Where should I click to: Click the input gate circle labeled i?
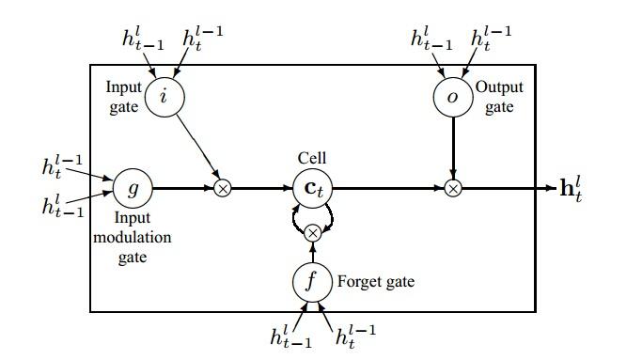click(x=165, y=97)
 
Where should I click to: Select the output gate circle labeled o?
click(x=453, y=97)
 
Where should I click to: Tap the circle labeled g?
click(x=133, y=188)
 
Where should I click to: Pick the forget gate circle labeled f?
click(x=312, y=280)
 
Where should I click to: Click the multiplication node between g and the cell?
click(x=223, y=188)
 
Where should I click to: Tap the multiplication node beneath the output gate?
click(x=453, y=188)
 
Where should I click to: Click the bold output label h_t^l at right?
click(x=572, y=188)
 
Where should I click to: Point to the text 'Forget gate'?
click(x=376, y=281)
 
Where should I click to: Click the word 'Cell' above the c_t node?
click(x=312, y=158)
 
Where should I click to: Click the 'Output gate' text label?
click(x=499, y=97)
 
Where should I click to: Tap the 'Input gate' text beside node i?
click(x=123, y=97)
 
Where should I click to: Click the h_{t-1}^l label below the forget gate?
click(x=290, y=336)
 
